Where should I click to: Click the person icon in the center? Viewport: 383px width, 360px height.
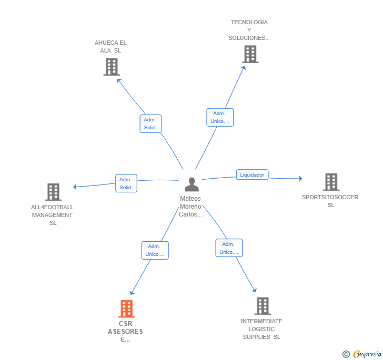coord(191,184)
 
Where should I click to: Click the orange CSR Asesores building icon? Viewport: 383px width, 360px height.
coord(126,308)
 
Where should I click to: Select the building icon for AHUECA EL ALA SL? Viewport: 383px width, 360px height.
coord(112,67)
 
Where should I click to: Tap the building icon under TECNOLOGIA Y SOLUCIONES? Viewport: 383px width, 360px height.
coord(250,54)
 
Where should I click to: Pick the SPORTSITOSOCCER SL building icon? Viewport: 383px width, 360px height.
coord(331,182)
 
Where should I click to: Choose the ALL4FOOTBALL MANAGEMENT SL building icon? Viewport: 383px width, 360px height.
coord(53,192)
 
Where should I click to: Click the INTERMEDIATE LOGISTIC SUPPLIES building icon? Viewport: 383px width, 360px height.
coord(263,306)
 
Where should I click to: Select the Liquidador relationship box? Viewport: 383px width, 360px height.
coord(253,175)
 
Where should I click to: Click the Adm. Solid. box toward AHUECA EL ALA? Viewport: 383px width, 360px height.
coord(150,124)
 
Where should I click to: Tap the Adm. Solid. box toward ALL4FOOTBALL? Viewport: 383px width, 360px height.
coord(126,183)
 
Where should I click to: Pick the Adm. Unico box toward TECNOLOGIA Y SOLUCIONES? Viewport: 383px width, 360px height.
coord(220,117)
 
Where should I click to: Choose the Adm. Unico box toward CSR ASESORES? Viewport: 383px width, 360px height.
coord(155,250)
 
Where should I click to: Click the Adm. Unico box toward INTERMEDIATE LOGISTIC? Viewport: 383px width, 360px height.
coord(229,248)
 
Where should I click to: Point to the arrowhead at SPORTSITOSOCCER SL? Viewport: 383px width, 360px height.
coord(301,179)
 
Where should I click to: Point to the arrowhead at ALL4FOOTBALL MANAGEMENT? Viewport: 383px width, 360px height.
coord(75,187)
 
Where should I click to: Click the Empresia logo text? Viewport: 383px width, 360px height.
coord(367,354)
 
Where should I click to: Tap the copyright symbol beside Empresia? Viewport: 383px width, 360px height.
coord(346,354)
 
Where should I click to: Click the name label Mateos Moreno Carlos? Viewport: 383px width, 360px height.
coord(190,207)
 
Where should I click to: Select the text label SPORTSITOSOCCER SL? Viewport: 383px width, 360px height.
coord(330,201)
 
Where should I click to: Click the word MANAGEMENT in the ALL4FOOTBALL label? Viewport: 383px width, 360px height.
coord(52,215)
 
